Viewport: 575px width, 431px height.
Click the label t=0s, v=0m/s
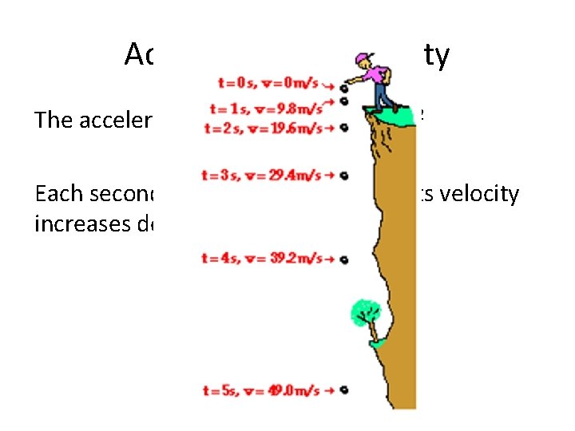[x=272, y=83]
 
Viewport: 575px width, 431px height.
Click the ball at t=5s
[x=343, y=390]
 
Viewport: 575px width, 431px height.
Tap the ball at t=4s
[x=343, y=259]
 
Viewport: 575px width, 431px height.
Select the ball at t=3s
[x=343, y=175]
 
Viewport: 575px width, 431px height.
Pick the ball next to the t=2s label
[x=343, y=128]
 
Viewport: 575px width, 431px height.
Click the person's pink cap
[x=366, y=57]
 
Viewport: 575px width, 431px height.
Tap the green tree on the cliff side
[x=366, y=311]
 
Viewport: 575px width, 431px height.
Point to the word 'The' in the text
[x=51, y=120]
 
